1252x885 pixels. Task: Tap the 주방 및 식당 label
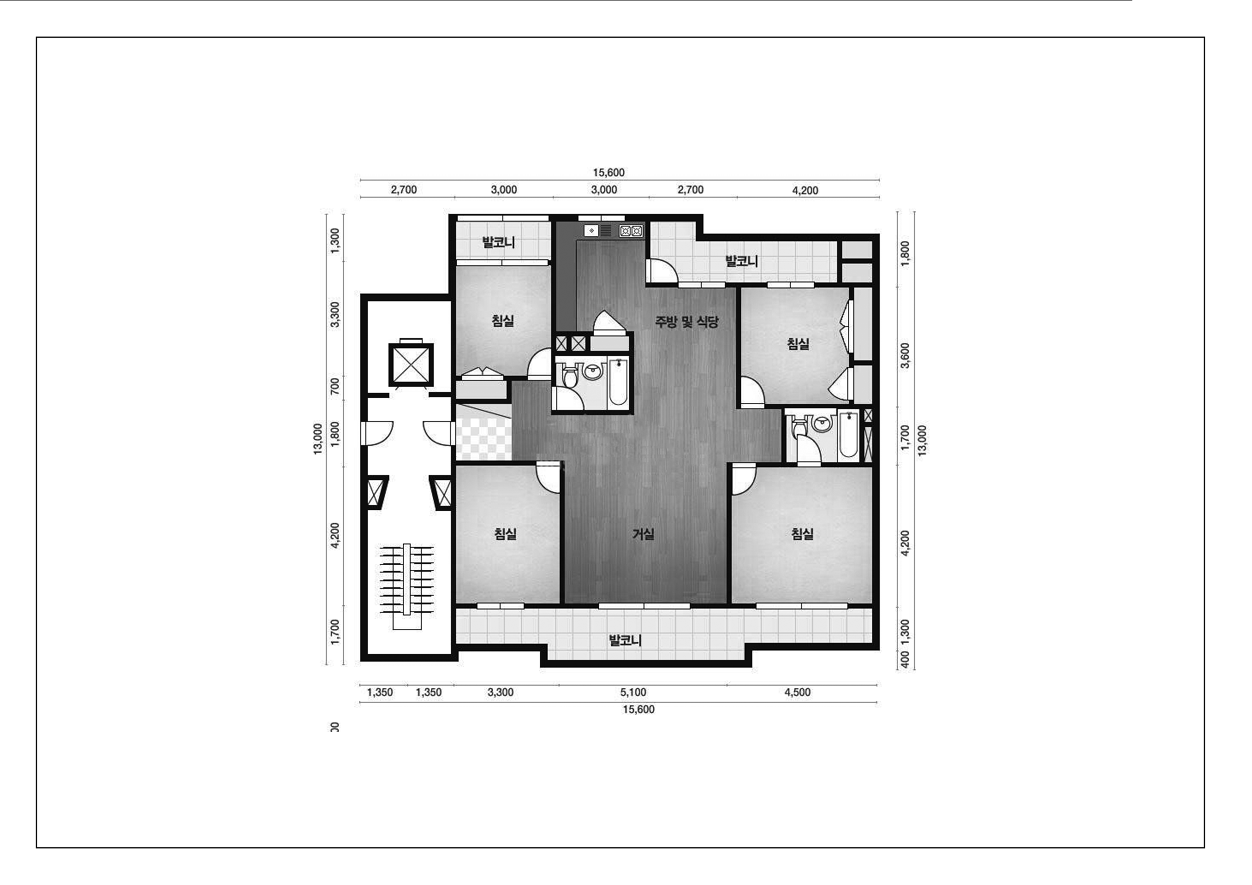[x=686, y=322]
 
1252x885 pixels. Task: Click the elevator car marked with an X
[x=410, y=364]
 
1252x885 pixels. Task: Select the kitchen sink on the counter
[x=592, y=231]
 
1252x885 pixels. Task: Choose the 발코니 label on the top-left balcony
[x=498, y=242]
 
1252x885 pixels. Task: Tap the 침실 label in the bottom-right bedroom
[x=802, y=534]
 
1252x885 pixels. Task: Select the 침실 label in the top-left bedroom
[x=503, y=321]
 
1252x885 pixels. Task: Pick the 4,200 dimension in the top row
[x=805, y=190]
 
